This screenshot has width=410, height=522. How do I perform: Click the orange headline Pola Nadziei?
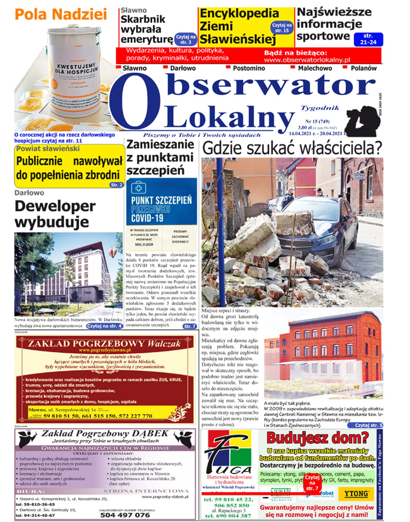point(61,14)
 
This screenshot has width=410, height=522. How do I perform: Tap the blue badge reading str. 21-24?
point(368,39)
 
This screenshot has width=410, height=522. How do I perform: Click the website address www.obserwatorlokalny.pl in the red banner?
point(307,60)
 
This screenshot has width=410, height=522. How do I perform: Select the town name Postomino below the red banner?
point(249,68)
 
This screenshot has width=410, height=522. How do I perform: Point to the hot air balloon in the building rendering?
point(113,252)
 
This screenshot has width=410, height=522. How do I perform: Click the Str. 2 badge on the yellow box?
point(116,185)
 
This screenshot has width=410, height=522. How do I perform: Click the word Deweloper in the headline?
point(55,206)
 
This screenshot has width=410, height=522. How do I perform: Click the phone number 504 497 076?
point(125,515)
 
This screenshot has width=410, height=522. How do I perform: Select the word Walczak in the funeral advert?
point(164,344)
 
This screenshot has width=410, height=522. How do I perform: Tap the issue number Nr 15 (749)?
point(317,121)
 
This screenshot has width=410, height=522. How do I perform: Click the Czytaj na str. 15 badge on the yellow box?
point(282,28)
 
